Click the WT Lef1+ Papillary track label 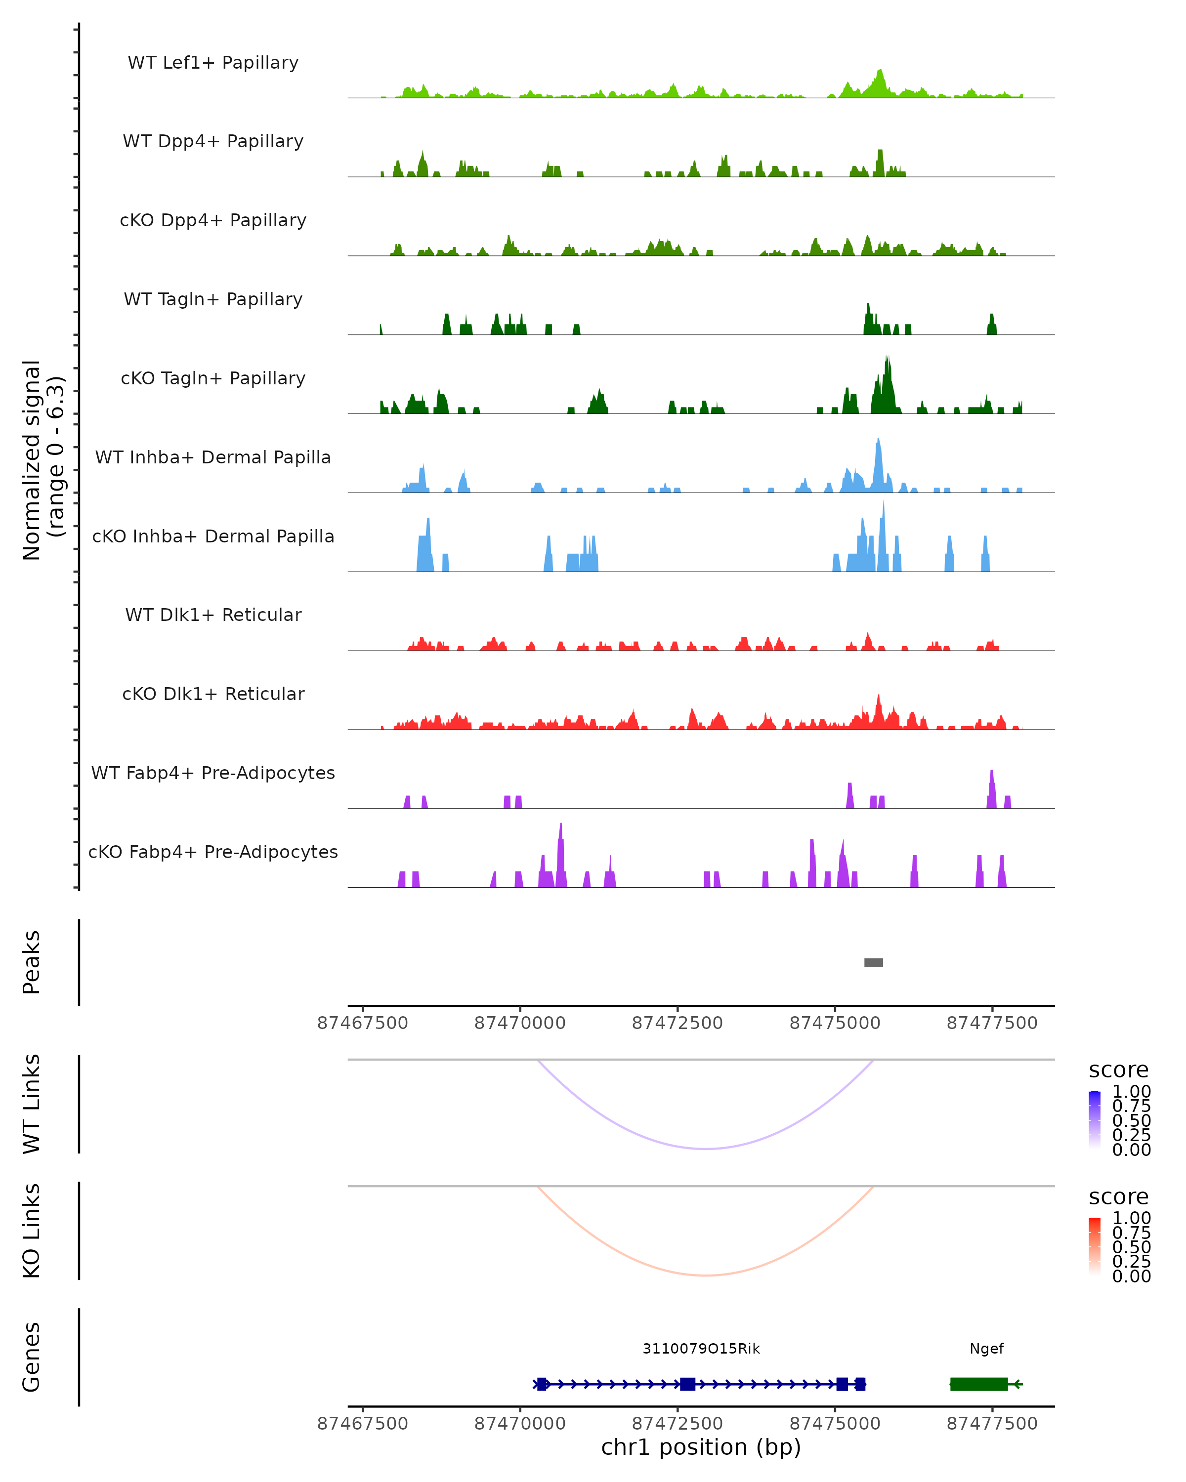coord(213,63)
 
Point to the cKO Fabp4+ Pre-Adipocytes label coord(213,852)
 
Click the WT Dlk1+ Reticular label coord(213,615)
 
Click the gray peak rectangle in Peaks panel coord(873,962)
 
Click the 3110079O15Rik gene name coord(701,1349)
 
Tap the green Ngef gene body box coord(978,1384)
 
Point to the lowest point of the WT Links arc coord(706,1149)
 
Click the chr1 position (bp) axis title coord(701,1447)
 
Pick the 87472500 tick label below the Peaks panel coord(677,1023)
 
